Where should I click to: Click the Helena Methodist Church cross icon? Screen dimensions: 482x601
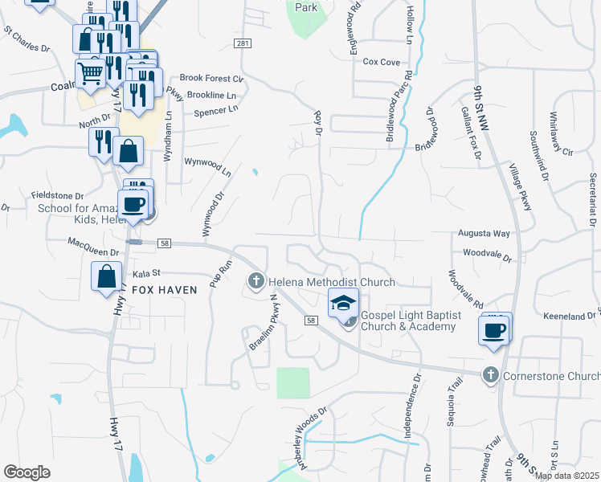256,280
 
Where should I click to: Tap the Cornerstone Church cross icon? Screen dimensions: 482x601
491,375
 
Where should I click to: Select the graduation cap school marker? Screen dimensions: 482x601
343,303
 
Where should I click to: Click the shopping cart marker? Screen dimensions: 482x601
91,75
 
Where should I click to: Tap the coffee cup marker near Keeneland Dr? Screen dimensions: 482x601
494,329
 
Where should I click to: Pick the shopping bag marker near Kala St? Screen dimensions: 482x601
107,276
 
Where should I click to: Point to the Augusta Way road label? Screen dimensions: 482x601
484,234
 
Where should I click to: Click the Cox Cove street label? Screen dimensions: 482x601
381,62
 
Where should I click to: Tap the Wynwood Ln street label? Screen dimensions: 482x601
207,167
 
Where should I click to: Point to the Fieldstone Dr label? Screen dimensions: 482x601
57,195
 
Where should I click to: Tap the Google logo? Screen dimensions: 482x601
27,472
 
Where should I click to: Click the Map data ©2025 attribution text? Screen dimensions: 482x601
566,476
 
